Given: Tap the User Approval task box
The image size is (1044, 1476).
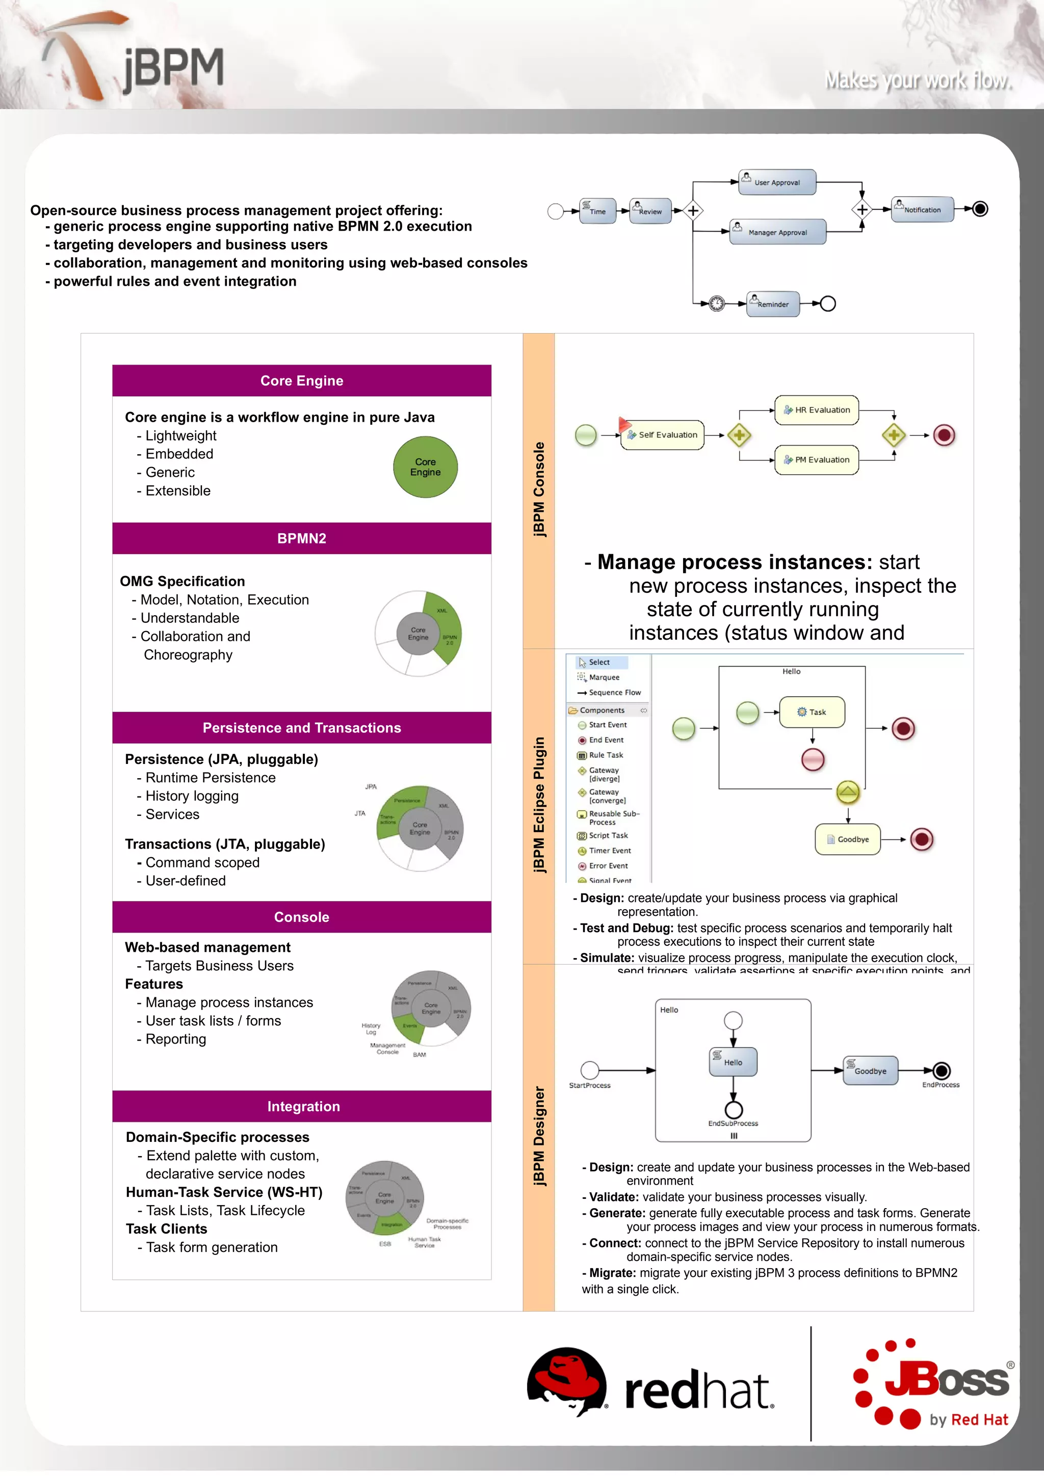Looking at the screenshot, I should [x=777, y=182].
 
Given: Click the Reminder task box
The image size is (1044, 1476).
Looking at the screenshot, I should [x=772, y=304].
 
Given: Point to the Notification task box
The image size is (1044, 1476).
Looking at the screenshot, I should [x=921, y=209].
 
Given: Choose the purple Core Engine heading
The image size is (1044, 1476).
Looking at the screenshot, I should [x=302, y=380].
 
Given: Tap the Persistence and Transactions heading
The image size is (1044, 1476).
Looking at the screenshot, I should [x=302, y=728].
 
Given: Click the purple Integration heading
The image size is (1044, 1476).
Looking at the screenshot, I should [x=303, y=1106].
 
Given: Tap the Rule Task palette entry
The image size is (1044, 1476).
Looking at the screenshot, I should [x=605, y=755].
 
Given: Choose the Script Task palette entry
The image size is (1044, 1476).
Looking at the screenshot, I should [x=608, y=836].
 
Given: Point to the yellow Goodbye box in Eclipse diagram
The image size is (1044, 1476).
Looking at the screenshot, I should [x=848, y=839].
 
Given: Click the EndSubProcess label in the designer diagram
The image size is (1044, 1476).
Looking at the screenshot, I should [x=733, y=1124].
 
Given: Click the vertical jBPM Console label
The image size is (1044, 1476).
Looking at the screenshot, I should [x=539, y=490].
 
